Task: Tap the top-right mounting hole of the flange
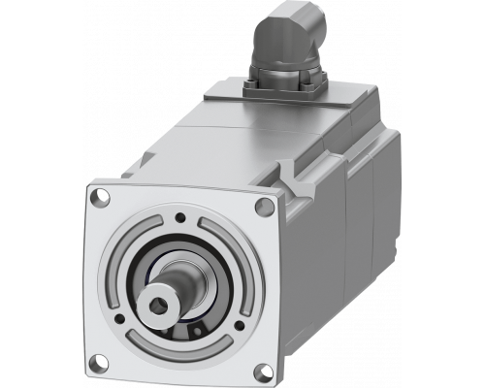pos(265,205)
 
